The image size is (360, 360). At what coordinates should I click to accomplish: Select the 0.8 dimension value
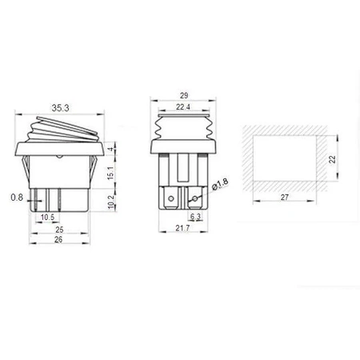point(17,197)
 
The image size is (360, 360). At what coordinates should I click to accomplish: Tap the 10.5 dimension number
point(47,217)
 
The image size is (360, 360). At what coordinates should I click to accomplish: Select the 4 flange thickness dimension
point(112,150)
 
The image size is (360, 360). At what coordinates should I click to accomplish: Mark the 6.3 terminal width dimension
point(194,216)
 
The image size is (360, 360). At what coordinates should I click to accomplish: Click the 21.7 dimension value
point(186,230)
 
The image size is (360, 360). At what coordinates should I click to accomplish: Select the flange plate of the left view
point(60,150)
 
